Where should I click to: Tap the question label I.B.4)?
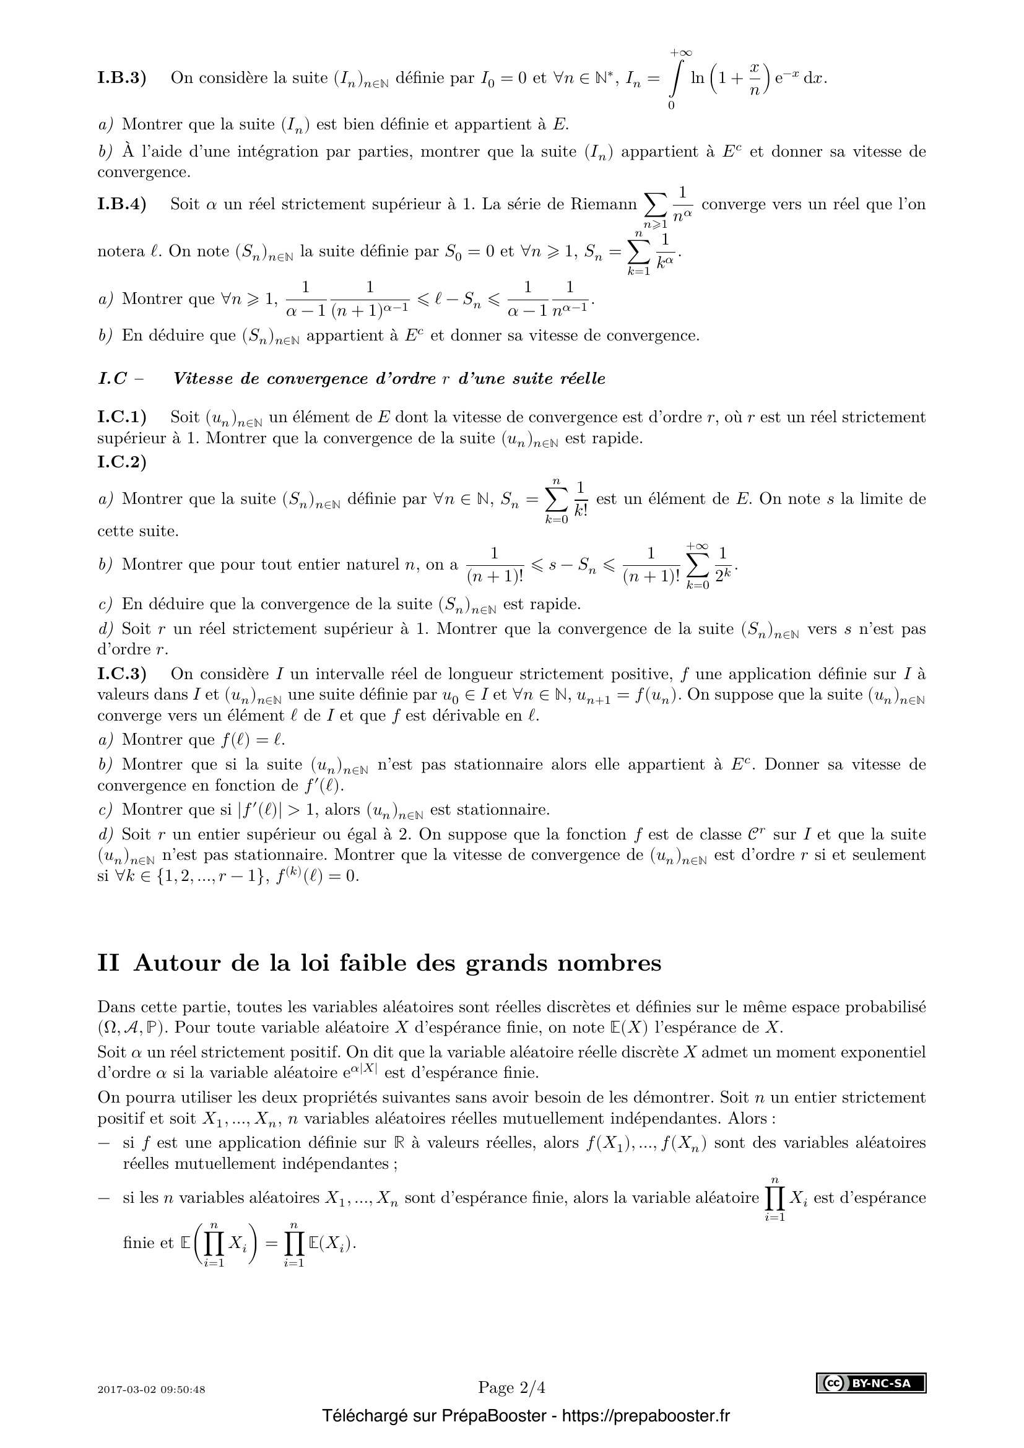tap(122, 204)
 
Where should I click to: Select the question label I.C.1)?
tap(122, 417)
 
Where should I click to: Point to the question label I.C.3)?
tap(122, 674)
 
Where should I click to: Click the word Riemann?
tap(604, 204)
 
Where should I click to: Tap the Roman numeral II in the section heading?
tap(108, 964)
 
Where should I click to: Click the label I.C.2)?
tap(122, 462)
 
